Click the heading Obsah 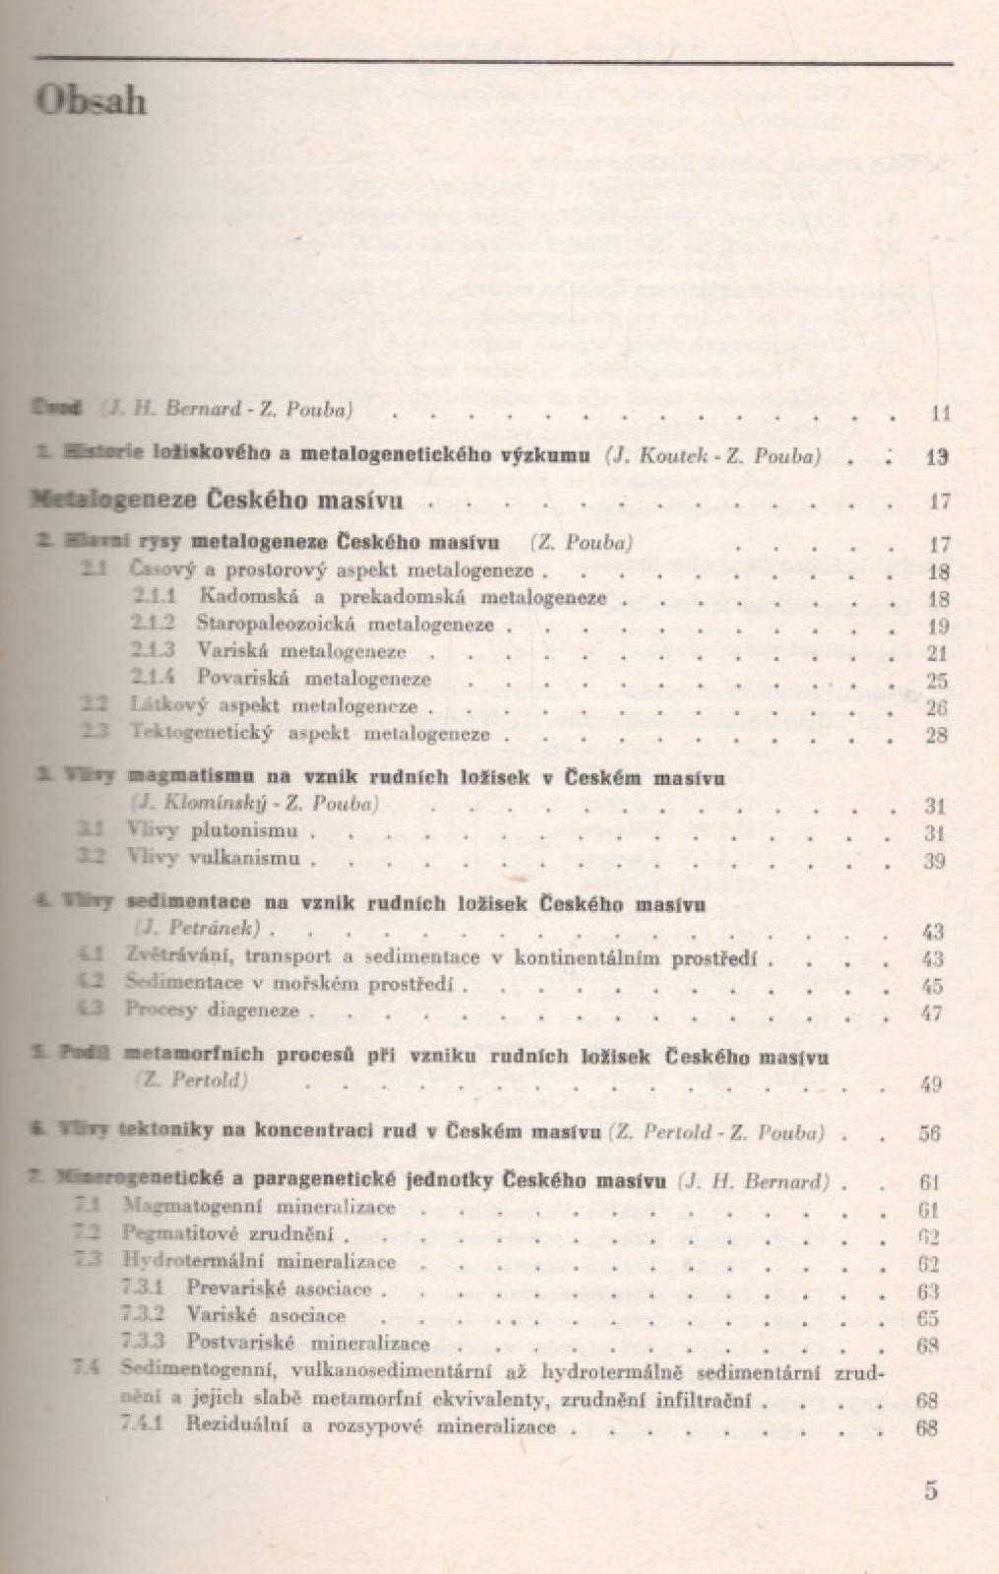pyautogui.click(x=91, y=101)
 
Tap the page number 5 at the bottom pyautogui.click(x=931, y=1489)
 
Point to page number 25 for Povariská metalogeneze pyautogui.click(x=936, y=680)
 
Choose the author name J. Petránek pyautogui.click(x=197, y=929)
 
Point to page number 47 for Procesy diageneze pyautogui.click(x=931, y=1012)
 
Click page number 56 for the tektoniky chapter pyautogui.click(x=929, y=1133)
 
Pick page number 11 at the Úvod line pyautogui.click(x=939, y=413)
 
